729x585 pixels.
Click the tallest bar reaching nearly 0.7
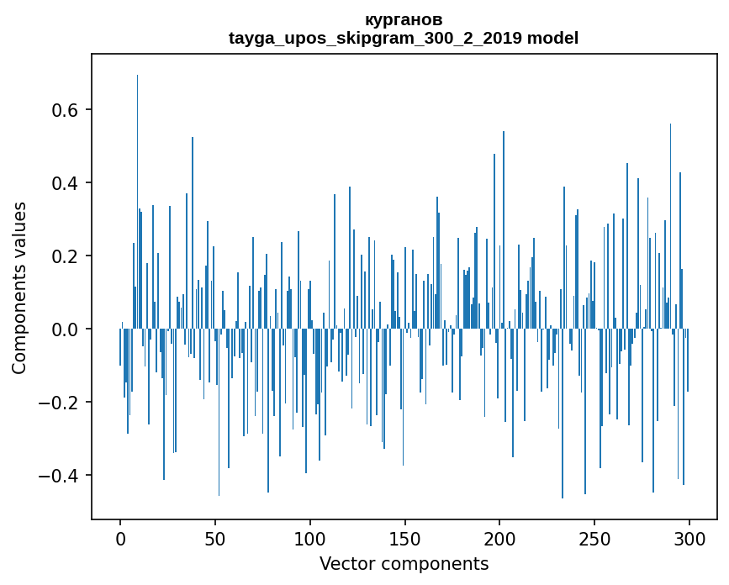coord(137,202)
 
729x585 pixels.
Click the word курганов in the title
coord(404,20)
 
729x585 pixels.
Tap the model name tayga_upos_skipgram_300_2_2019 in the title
coord(375,38)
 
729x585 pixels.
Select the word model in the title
coord(552,38)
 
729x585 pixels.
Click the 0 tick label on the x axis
coord(120,540)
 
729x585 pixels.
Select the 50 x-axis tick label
coord(214,540)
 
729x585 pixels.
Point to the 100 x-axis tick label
coord(309,540)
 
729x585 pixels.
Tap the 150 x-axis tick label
coord(404,540)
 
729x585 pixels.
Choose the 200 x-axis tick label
coord(499,540)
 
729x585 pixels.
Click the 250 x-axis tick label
coord(594,540)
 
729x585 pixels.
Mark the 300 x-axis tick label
coord(689,540)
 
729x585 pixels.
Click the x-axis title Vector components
coord(404,564)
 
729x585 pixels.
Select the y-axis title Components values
coord(19,288)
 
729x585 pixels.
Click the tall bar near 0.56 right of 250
coord(670,226)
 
